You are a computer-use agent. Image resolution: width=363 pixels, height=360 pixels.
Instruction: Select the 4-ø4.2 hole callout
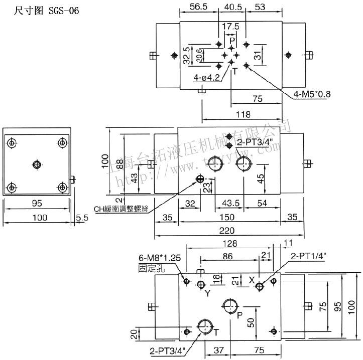[207, 77]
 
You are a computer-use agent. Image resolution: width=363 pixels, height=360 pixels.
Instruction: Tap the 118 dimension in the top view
[243, 114]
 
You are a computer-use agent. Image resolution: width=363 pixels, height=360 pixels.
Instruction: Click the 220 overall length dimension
[229, 231]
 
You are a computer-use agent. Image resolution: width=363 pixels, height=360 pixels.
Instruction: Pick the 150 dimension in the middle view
[229, 217]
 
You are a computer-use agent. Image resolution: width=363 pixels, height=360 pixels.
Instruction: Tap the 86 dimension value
[227, 256]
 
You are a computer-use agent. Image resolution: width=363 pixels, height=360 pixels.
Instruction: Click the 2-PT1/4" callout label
[308, 257]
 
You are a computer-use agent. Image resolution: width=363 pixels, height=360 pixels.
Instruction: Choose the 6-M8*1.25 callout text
[160, 258]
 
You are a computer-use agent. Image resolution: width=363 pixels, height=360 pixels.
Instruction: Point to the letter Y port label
[207, 293]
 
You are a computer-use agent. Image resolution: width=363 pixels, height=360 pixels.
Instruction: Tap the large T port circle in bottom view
[206, 326]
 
